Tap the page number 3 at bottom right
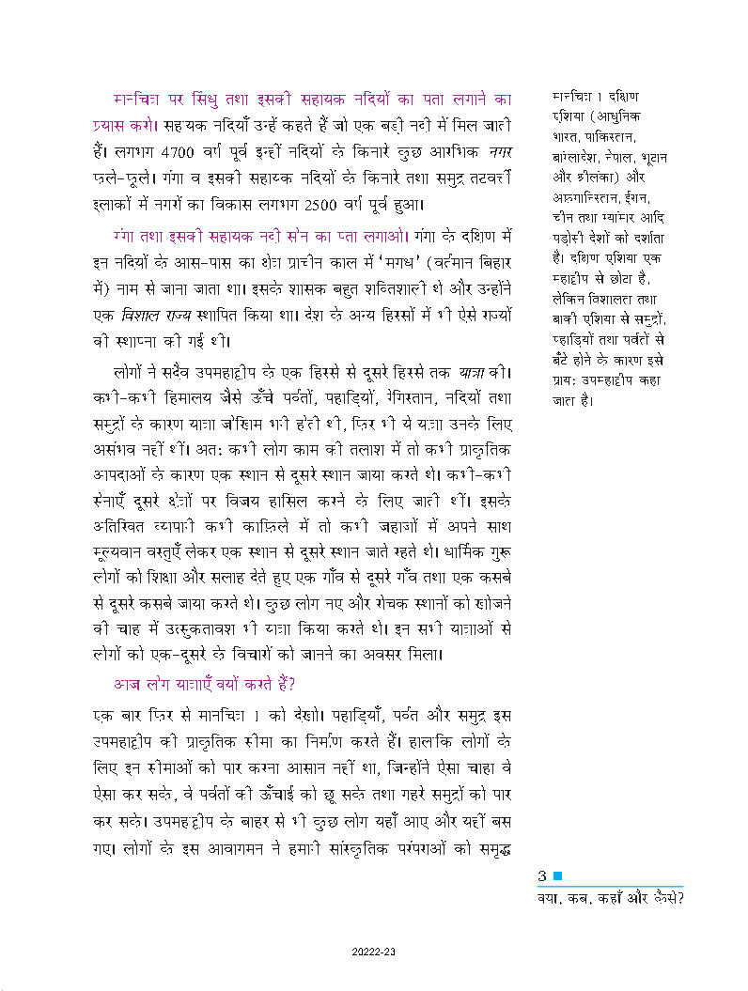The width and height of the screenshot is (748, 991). click(542, 876)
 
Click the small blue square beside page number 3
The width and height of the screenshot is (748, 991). click(557, 876)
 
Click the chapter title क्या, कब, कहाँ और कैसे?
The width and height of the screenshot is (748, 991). click(607, 896)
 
